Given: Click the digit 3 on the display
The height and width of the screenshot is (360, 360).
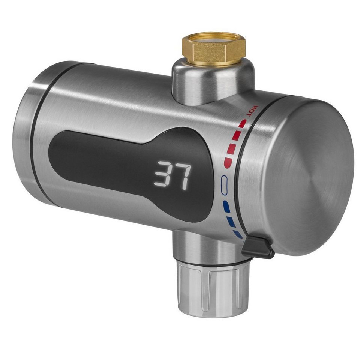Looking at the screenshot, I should pos(163,175).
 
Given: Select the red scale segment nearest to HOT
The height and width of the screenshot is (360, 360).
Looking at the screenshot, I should pos(243,123).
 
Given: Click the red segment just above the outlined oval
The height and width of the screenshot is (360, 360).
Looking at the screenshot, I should pos(227,162).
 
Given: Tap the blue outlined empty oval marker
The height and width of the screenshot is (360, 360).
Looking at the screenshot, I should pos(224,186).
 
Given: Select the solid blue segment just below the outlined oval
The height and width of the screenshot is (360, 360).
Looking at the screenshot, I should pos(226,206).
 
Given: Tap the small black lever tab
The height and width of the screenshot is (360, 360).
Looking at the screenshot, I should pos(258,247).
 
